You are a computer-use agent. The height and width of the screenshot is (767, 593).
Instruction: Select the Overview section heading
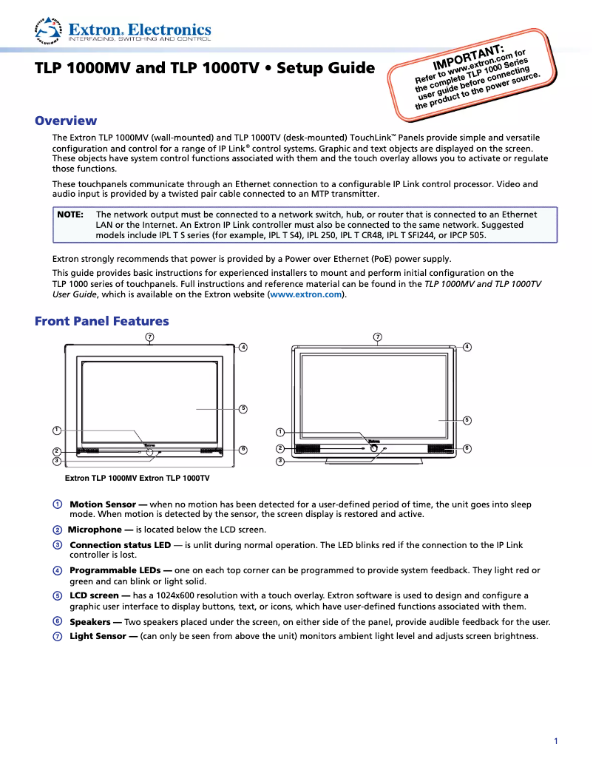pos(66,121)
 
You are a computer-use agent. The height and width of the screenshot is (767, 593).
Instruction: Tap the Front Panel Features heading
pos(102,321)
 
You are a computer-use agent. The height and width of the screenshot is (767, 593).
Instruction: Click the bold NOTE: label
pos(70,214)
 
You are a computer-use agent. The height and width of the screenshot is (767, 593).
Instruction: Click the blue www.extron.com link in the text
pos(306,294)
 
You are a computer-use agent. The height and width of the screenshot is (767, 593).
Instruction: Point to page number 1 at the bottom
pos(555,741)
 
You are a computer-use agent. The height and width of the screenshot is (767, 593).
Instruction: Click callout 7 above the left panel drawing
pos(149,337)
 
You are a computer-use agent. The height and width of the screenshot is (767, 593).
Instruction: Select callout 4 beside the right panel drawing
pos(467,346)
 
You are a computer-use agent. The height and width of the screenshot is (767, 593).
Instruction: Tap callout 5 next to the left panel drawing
pos(243,408)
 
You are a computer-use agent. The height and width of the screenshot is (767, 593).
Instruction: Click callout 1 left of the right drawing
pos(280,432)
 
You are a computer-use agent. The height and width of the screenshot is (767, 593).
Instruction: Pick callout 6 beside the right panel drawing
pos(467,448)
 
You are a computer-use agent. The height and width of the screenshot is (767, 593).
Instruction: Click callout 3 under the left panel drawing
pos(56,461)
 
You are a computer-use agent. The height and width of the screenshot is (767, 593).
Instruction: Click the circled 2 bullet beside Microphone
pos(57,530)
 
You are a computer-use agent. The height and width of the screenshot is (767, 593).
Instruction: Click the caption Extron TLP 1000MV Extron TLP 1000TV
pos(138,479)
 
